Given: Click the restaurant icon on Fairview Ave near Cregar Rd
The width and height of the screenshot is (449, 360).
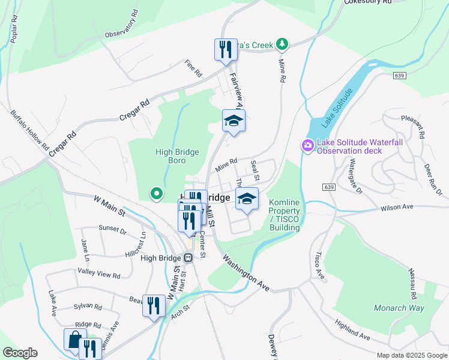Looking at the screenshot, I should click(x=224, y=49).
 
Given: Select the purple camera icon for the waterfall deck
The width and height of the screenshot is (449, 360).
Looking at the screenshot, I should click(x=307, y=145).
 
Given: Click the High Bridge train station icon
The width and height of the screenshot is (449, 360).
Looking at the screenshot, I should click(x=188, y=258).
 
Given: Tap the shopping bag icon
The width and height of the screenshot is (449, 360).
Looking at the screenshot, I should click(x=74, y=340).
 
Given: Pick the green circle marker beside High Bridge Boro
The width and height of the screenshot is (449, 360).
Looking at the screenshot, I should click(x=156, y=193).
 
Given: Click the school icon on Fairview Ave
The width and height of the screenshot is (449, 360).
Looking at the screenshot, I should click(x=234, y=121).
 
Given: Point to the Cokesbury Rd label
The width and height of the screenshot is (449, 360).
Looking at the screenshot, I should click(x=368, y=2).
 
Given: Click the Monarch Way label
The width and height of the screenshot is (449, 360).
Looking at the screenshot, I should click(x=399, y=308).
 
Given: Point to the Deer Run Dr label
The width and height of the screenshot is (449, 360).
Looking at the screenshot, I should click(x=432, y=180).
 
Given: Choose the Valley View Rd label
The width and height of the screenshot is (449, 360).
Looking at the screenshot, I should click(x=98, y=273).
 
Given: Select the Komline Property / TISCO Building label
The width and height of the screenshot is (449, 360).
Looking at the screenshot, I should click(x=284, y=215).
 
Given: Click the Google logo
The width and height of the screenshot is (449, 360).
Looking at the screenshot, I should click(x=20, y=352).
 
